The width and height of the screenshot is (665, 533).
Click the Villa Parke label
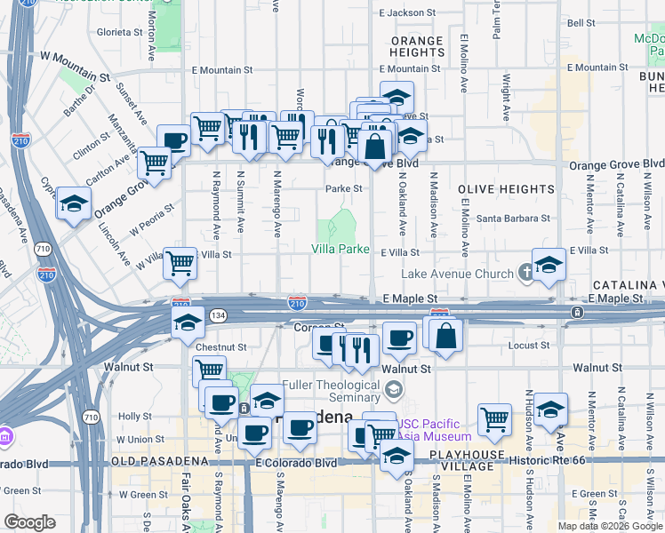click(341, 250)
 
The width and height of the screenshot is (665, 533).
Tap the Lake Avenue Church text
click(458, 275)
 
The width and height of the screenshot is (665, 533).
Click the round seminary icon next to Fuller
click(393, 389)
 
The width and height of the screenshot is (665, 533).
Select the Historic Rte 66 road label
click(557, 460)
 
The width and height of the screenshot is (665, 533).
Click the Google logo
click(30, 522)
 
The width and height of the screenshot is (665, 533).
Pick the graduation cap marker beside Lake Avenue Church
click(549, 264)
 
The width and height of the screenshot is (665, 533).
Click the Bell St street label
click(581, 23)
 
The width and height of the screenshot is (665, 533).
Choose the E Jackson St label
click(407, 13)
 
